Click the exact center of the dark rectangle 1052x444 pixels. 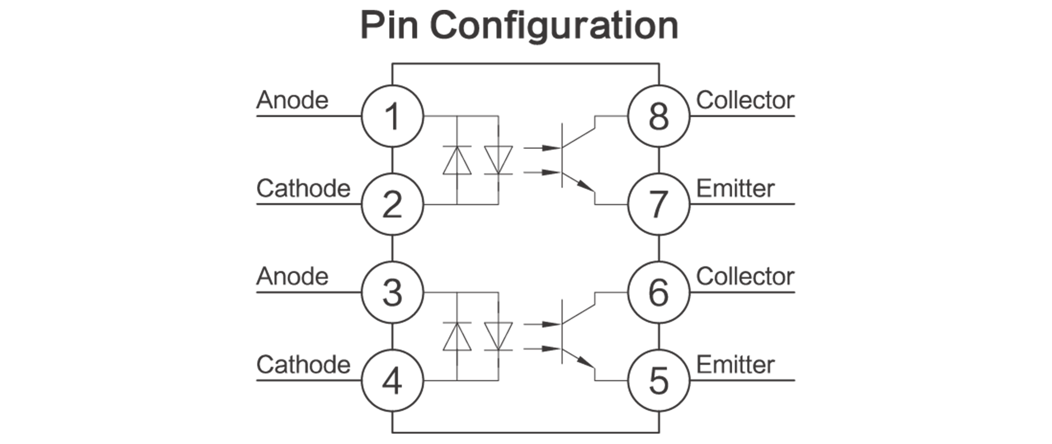pyautogui.click(x=525, y=221)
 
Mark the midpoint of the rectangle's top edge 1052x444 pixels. pyautogui.click(x=525, y=10)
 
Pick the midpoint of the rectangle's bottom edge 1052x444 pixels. pyautogui.click(x=525, y=433)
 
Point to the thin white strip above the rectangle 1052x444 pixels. pyautogui.click(x=525, y=4)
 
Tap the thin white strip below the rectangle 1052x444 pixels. pyautogui.click(x=525, y=439)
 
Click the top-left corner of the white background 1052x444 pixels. pyautogui.click(x=0, y=0)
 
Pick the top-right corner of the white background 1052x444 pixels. pyautogui.click(x=1051, y=0)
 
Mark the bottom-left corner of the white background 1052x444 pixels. pyautogui.click(x=0, y=443)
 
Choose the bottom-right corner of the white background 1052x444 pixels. pyautogui.click(x=1051, y=443)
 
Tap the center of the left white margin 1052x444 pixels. pyautogui.click(x=128, y=222)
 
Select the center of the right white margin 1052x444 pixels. pyautogui.click(x=924, y=222)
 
